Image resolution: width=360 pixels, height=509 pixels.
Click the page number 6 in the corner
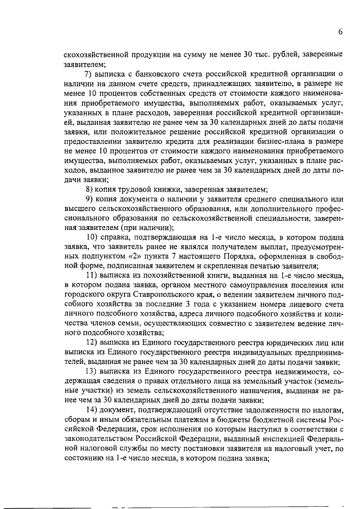click(340, 32)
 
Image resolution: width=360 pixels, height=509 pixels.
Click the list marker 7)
click(88, 74)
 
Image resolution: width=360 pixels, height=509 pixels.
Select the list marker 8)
click(88, 188)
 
